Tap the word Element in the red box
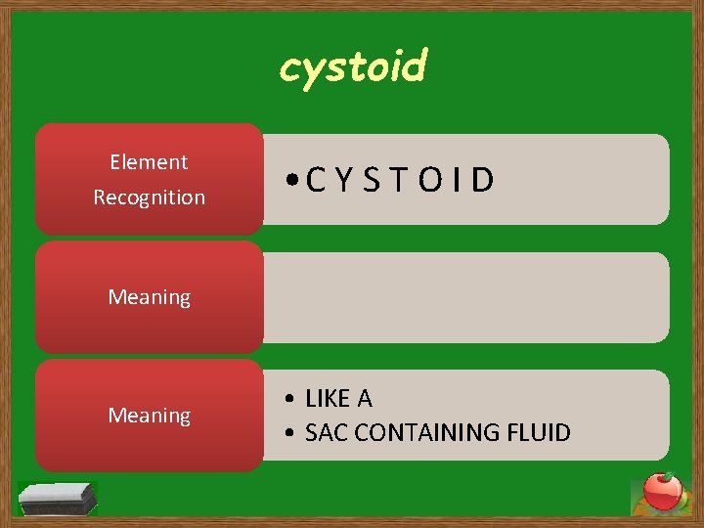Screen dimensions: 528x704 point(149,162)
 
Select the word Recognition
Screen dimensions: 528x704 point(149,198)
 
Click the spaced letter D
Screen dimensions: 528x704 point(481,180)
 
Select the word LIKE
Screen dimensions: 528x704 point(328,399)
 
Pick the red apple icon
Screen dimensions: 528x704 point(662,492)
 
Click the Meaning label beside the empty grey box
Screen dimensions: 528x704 point(149,297)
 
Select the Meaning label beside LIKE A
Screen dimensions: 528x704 point(149,416)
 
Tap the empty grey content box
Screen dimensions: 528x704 point(465,297)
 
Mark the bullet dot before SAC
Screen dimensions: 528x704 point(292,433)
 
